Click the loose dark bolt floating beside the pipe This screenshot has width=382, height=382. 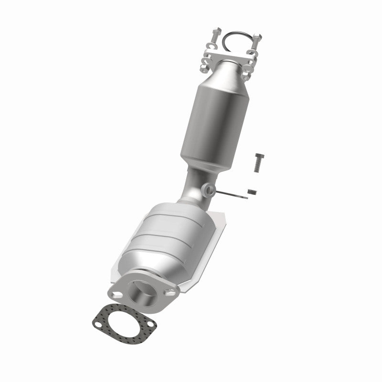259,162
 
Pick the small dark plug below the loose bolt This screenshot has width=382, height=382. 252,192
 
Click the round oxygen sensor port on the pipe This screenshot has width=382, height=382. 209,190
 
